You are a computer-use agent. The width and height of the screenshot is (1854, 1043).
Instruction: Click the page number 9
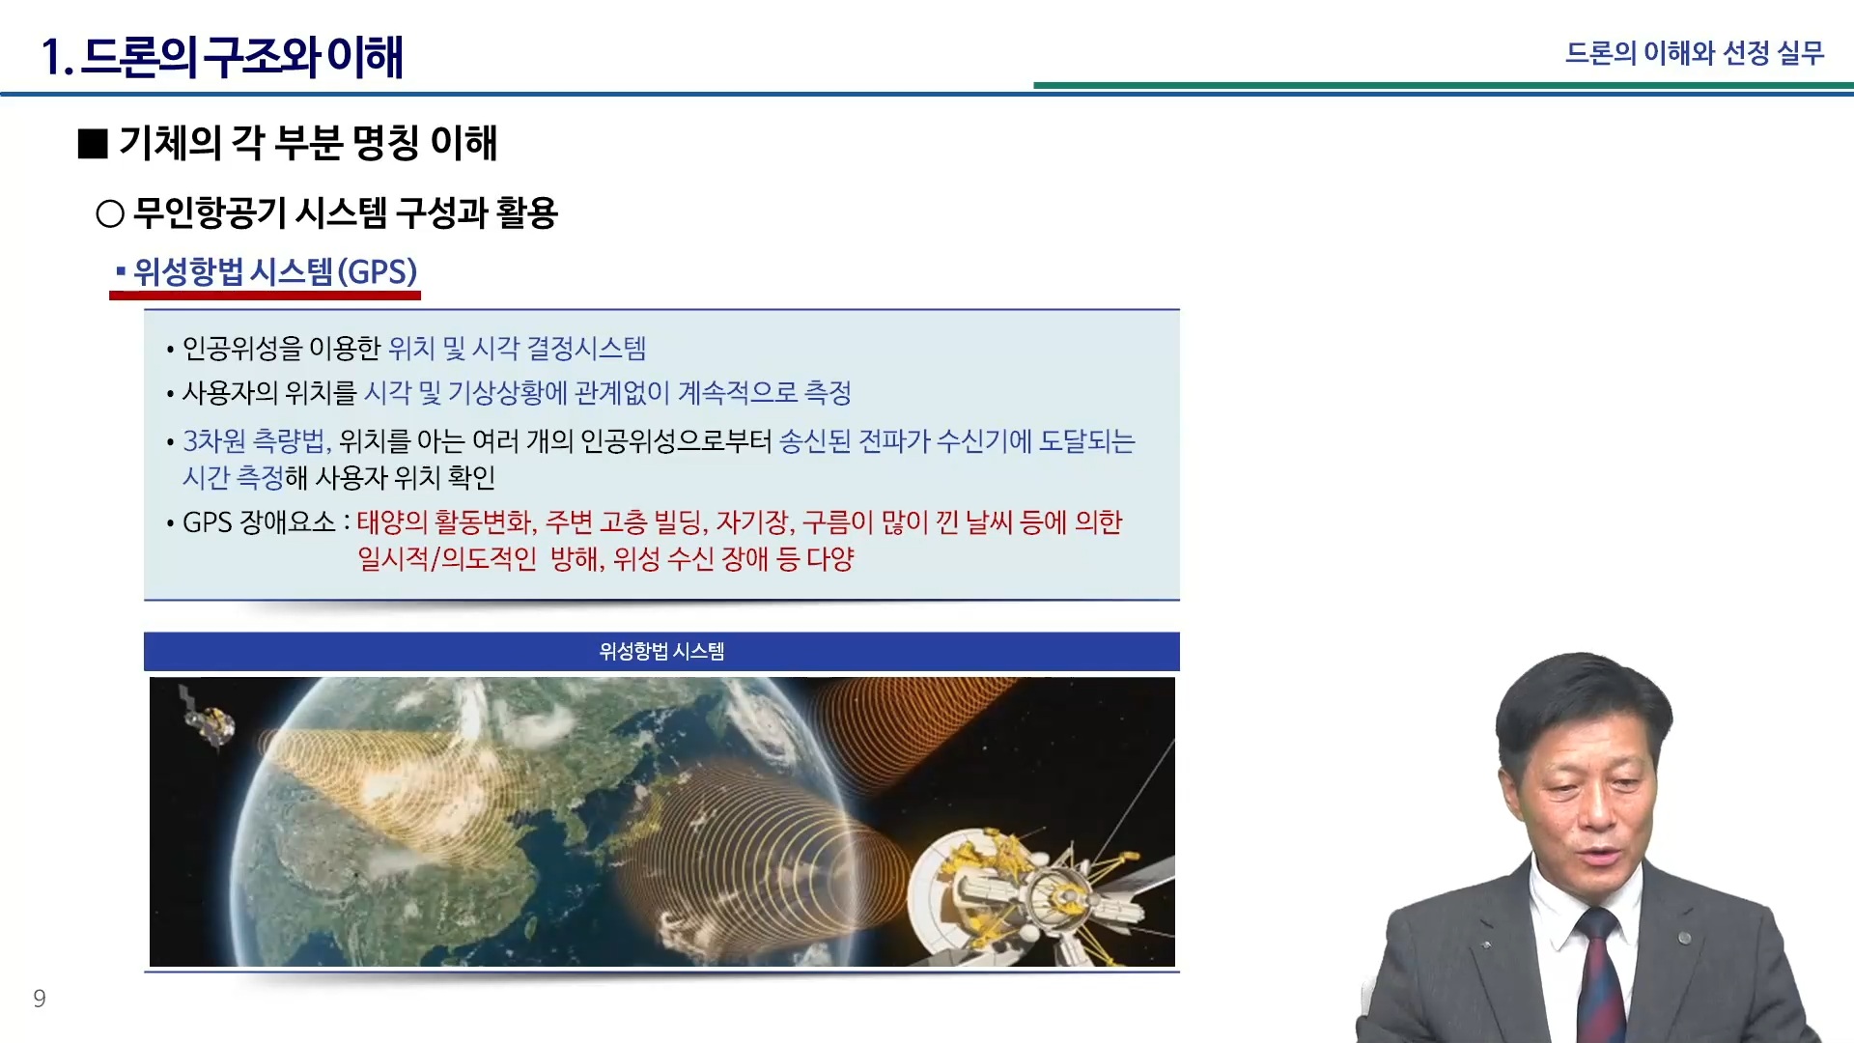(40, 999)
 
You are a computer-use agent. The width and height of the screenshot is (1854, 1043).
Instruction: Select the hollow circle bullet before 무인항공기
(110, 213)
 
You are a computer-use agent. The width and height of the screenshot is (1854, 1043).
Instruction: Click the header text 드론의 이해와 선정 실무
(1695, 53)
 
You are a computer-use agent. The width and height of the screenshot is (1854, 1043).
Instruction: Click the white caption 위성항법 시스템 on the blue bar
(661, 652)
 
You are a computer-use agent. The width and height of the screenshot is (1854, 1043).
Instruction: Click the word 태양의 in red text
(392, 522)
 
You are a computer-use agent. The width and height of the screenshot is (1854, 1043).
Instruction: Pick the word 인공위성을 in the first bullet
(242, 349)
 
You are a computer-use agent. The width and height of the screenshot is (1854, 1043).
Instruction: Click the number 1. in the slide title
(57, 57)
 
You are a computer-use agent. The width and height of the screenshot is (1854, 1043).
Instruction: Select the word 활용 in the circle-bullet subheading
(528, 213)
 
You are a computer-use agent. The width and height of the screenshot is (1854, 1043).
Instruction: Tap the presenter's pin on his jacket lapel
(1684, 938)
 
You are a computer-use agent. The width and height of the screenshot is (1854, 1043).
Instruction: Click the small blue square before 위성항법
(121, 271)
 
